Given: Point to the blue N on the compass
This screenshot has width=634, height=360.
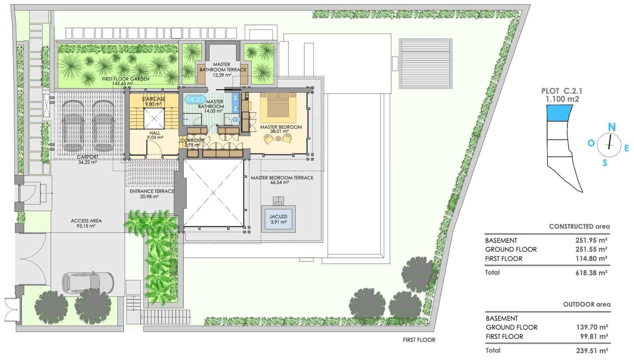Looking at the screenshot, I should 612,127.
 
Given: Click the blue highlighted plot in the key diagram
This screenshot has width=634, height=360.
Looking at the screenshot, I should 560,113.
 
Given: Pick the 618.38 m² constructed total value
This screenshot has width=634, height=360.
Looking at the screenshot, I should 591,273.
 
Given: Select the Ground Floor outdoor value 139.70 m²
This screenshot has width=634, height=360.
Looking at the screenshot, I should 592,327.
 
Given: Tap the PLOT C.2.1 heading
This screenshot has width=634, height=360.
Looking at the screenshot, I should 561,91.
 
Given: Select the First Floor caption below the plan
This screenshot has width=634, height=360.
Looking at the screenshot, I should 419,340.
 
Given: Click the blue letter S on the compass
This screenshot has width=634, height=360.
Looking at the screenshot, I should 605,163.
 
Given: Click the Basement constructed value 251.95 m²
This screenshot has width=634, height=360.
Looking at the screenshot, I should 591,240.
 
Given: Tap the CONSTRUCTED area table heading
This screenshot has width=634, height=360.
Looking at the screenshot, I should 579,226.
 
